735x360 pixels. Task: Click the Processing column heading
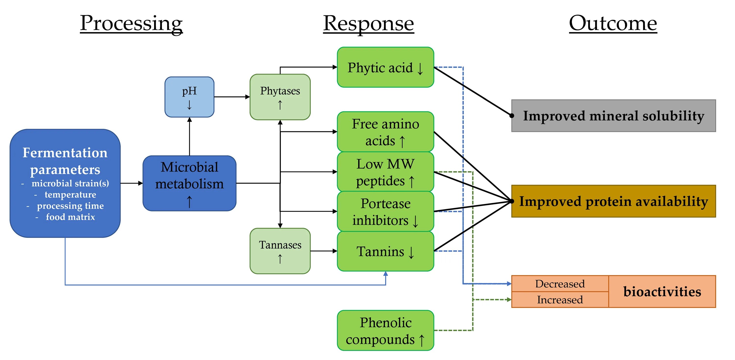(131, 24)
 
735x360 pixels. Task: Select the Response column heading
(369, 24)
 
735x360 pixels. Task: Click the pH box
(189, 97)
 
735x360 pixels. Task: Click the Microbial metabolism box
(189, 183)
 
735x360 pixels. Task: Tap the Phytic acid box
(385, 67)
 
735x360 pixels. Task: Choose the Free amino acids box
(385, 132)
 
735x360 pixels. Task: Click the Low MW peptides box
(385, 172)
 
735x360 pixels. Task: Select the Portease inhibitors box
(385, 212)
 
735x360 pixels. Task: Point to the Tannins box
(385, 251)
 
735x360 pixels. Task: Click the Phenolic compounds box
(385, 331)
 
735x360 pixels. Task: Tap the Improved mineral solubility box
(614, 116)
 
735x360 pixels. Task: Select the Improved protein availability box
(614, 201)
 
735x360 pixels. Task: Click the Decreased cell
(560, 284)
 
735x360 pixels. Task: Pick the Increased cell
(560, 300)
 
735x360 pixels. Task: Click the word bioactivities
(662, 291)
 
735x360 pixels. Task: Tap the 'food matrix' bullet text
(70, 217)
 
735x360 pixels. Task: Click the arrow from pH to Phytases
(232, 97)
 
